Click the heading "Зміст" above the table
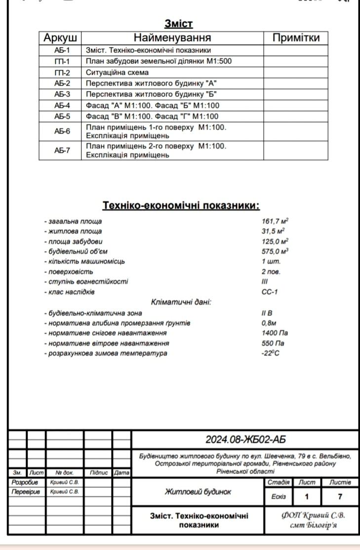click(178, 24)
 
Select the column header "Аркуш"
click(60, 38)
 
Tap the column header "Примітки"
click(296, 38)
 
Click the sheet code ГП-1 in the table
click(62, 61)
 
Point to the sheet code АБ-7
click(62, 151)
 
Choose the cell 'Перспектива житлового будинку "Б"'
click(152, 94)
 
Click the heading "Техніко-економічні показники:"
click(181, 205)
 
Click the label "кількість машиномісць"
click(84, 261)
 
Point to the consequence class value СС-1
click(270, 292)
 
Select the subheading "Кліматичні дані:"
click(181, 302)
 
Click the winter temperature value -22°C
click(271, 354)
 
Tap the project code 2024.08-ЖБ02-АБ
click(245, 439)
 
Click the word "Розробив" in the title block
click(22, 482)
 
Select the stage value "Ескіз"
click(279, 497)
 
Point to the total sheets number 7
click(340, 497)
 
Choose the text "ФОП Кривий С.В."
click(313, 515)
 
